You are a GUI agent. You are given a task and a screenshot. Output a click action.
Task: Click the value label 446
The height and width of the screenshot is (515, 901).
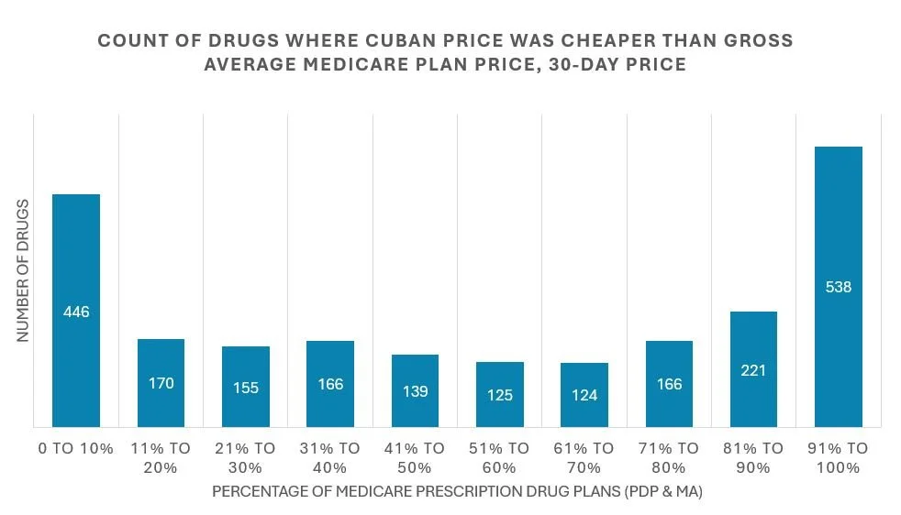(x=75, y=312)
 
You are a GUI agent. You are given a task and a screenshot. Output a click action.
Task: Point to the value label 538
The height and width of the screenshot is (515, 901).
(x=839, y=287)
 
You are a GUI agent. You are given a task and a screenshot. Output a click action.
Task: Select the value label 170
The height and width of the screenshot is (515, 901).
(x=161, y=383)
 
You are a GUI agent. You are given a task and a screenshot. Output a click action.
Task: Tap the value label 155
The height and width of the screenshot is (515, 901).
(x=246, y=388)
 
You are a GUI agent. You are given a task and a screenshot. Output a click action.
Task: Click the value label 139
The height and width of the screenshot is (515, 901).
(x=415, y=391)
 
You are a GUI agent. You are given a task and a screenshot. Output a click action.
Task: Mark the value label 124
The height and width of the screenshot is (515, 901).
(x=584, y=396)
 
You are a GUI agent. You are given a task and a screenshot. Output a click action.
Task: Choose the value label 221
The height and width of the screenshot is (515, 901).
(x=753, y=371)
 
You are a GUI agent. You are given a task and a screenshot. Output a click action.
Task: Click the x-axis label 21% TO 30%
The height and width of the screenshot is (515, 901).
(x=246, y=457)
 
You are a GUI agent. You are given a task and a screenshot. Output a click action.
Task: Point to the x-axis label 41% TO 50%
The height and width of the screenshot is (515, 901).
(x=415, y=457)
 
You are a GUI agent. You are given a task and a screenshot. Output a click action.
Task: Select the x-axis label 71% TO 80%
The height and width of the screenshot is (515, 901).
(x=669, y=457)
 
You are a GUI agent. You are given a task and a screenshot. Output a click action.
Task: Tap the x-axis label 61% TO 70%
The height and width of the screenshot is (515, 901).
(x=584, y=457)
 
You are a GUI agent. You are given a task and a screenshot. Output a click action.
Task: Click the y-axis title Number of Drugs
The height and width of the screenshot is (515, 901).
(x=23, y=269)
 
